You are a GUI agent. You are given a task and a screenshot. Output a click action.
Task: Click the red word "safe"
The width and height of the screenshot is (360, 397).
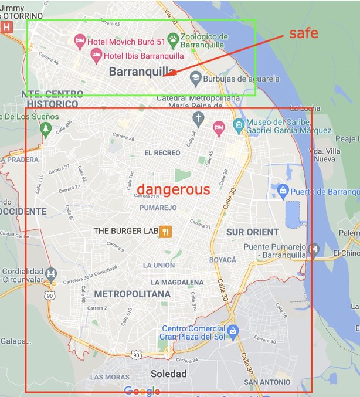tap(304, 33)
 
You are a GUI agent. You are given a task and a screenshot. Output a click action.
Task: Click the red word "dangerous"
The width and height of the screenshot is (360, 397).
tap(173, 189)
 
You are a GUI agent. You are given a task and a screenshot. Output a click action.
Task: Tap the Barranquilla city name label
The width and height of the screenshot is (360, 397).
tap(144, 71)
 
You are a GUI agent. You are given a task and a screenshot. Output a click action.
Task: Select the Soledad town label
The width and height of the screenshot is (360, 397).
tap(168, 374)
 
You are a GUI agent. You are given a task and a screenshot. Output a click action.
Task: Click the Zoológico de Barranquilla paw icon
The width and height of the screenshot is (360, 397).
tap(173, 40)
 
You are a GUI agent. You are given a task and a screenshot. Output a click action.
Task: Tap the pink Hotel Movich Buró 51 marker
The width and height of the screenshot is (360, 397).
tap(80, 41)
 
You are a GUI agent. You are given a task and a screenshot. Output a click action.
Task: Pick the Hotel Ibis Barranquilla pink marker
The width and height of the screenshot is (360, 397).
tap(95, 55)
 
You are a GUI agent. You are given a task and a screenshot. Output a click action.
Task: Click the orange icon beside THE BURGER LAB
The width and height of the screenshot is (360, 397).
tap(166, 231)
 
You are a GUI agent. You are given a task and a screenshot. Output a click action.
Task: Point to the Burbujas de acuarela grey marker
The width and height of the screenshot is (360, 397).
tap(196, 78)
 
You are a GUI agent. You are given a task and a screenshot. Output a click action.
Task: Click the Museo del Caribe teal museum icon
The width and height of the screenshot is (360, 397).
tap(238, 124)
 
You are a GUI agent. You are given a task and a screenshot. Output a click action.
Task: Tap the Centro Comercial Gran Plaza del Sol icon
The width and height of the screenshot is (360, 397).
tap(233, 332)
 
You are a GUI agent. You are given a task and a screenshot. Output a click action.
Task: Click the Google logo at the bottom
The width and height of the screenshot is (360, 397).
tap(142, 391)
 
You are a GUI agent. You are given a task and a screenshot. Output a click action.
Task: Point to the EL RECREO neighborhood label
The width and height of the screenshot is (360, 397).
tap(162, 153)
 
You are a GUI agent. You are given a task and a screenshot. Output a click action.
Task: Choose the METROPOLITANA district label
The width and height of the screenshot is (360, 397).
tap(132, 294)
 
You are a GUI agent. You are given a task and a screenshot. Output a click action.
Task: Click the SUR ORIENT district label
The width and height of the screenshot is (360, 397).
tap(253, 232)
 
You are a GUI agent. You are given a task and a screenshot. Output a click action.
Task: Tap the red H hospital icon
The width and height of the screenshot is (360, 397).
tap(6, 27)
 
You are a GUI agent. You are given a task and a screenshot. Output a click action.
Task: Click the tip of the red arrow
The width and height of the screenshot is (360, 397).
tap(165, 76)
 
